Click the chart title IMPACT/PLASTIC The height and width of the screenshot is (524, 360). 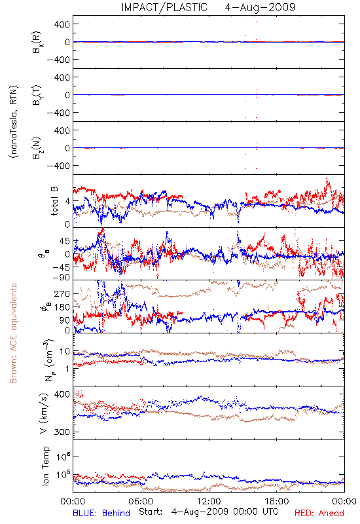(x=164, y=7)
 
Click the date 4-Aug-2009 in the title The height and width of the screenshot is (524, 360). (x=260, y=7)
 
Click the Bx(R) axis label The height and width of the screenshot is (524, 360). (x=37, y=42)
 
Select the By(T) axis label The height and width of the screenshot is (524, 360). (x=37, y=95)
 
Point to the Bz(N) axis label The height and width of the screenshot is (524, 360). (x=37, y=148)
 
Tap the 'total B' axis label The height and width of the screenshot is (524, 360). (x=54, y=201)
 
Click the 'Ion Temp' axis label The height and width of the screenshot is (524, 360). (x=45, y=466)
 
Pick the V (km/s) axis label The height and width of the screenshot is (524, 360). (x=44, y=413)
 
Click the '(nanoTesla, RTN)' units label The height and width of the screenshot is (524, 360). (x=14, y=122)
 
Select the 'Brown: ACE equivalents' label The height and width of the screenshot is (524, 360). (x=13, y=333)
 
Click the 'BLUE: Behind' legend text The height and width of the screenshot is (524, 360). (x=101, y=513)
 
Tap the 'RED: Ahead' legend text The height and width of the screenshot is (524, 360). (x=319, y=513)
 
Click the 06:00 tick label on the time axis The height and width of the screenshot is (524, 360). (x=141, y=501)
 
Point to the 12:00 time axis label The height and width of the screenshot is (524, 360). (x=209, y=501)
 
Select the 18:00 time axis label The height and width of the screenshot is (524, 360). (x=277, y=501)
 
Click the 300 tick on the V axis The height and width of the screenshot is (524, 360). (x=62, y=432)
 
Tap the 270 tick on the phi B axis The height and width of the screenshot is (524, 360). (x=62, y=293)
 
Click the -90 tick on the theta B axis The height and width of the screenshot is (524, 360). (x=60, y=277)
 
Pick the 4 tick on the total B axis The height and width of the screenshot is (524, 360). (x=67, y=201)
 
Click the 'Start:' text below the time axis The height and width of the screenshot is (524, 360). (x=151, y=512)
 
